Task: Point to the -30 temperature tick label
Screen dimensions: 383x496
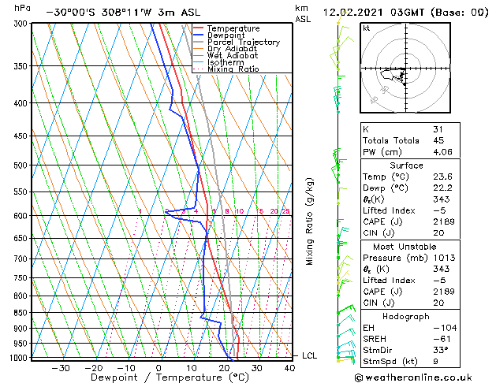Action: (61, 367)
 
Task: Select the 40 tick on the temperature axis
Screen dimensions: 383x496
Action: (289, 367)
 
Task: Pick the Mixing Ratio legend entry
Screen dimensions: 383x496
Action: (233, 69)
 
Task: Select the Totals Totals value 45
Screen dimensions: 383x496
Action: (438, 140)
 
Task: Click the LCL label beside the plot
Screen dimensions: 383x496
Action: (309, 356)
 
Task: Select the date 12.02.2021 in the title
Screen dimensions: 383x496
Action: (355, 13)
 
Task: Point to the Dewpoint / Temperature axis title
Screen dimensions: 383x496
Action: (158, 377)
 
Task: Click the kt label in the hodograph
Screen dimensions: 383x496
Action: (367, 28)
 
